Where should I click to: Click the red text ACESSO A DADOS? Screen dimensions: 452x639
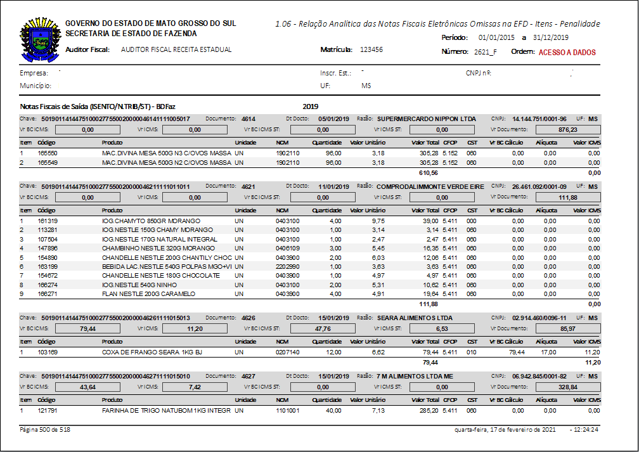(567, 53)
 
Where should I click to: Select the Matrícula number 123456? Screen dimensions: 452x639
(371, 49)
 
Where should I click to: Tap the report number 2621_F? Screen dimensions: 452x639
(484, 52)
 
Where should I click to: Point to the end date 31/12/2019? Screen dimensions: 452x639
(551, 38)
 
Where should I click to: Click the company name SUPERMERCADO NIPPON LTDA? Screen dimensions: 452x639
(426, 119)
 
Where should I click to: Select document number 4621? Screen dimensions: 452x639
(248, 186)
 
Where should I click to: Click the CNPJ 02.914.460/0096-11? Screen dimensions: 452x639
(539, 318)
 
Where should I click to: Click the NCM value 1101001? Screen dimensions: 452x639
(287, 411)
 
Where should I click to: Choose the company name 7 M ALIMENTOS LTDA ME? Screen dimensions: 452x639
(415, 377)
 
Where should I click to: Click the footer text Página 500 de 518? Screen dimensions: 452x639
(46, 430)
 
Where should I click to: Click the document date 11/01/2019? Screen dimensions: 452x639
(334, 186)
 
